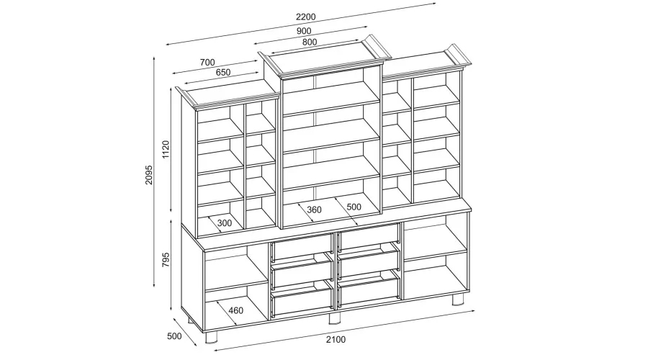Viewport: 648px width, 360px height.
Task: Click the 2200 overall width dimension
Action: pos(306,17)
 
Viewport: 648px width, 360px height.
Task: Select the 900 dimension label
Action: pos(304,31)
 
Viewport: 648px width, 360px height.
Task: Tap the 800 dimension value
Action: pos(310,42)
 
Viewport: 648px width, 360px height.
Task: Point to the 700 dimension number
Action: pos(207,63)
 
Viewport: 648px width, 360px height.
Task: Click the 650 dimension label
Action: pos(222,72)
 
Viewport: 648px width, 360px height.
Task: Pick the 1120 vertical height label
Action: pos(166,149)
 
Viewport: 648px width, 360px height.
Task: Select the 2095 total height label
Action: pos(149,175)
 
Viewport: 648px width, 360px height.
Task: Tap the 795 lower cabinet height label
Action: pos(166,260)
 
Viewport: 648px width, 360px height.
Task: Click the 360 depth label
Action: pos(314,210)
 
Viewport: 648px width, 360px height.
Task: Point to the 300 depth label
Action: pos(225,223)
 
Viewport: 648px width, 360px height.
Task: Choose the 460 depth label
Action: pos(235,310)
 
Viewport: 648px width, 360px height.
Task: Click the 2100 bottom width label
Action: pos(336,340)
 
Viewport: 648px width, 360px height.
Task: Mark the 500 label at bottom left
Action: pos(174,336)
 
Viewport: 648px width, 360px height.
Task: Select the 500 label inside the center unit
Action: pos(354,207)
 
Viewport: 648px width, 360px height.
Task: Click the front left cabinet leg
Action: pos(212,338)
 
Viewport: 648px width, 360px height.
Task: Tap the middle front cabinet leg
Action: pos(334,318)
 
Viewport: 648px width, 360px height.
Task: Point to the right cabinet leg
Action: pos(457,300)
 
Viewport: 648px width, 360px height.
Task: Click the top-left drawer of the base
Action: pos(301,248)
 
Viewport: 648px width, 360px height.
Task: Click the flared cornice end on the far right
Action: pos(459,55)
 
